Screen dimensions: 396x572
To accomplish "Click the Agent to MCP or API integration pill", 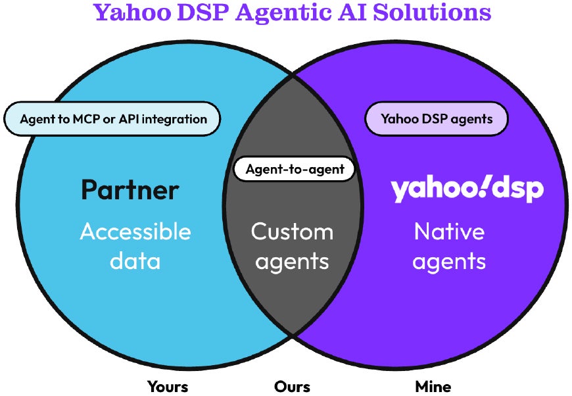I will [112, 119].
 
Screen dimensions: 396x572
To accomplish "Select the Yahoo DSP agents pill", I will [437, 119].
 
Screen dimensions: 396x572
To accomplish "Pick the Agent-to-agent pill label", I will [295, 169].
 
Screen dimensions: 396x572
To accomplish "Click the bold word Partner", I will [130, 190].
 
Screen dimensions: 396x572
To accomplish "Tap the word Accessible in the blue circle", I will [135, 232].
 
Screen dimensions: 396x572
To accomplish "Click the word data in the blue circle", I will [135, 261].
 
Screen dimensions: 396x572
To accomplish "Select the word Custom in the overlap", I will [292, 232].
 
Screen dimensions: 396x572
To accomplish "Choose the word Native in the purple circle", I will [449, 232].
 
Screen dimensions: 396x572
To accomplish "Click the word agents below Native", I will [450, 261].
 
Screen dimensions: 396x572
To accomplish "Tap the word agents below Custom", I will [292, 261].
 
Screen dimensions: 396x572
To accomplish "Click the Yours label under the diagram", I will [168, 386].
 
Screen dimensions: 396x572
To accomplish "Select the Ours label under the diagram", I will [292, 386].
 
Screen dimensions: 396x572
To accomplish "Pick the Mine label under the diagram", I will [433, 386].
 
